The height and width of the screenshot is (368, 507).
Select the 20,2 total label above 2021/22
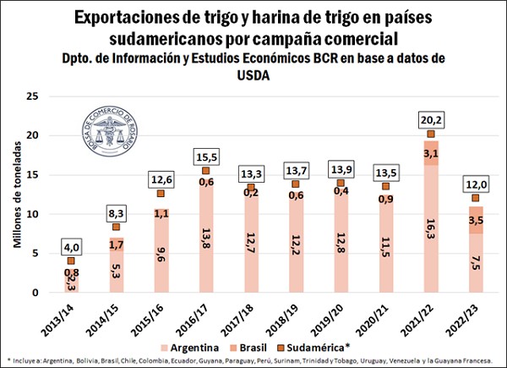coord(431,119)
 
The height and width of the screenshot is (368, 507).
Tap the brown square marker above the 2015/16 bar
coord(161,193)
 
